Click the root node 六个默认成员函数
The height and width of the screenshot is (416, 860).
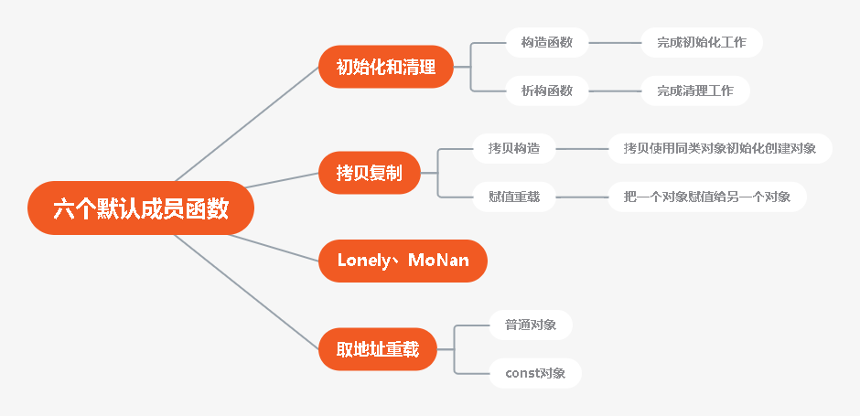[140, 208]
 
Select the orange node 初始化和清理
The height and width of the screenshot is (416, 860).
[386, 67]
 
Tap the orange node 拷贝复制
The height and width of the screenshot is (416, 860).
[369, 172]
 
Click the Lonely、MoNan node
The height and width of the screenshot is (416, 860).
[403, 261]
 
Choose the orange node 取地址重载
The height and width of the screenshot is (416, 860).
[378, 348]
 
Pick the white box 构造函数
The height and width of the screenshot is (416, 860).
[547, 42]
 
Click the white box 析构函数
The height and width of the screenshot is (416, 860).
[547, 91]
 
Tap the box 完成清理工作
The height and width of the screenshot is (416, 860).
[695, 91]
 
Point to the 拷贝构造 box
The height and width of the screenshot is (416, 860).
[514, 147]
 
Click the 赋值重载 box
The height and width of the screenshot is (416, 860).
[514, 197]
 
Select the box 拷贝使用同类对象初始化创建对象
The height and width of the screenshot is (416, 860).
[720, 147]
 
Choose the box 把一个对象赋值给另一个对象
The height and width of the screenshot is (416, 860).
[707, 197]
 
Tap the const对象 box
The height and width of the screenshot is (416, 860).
[535, 373]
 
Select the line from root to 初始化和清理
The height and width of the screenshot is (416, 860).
[247, 124]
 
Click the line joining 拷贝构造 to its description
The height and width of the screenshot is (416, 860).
[582, 147]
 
